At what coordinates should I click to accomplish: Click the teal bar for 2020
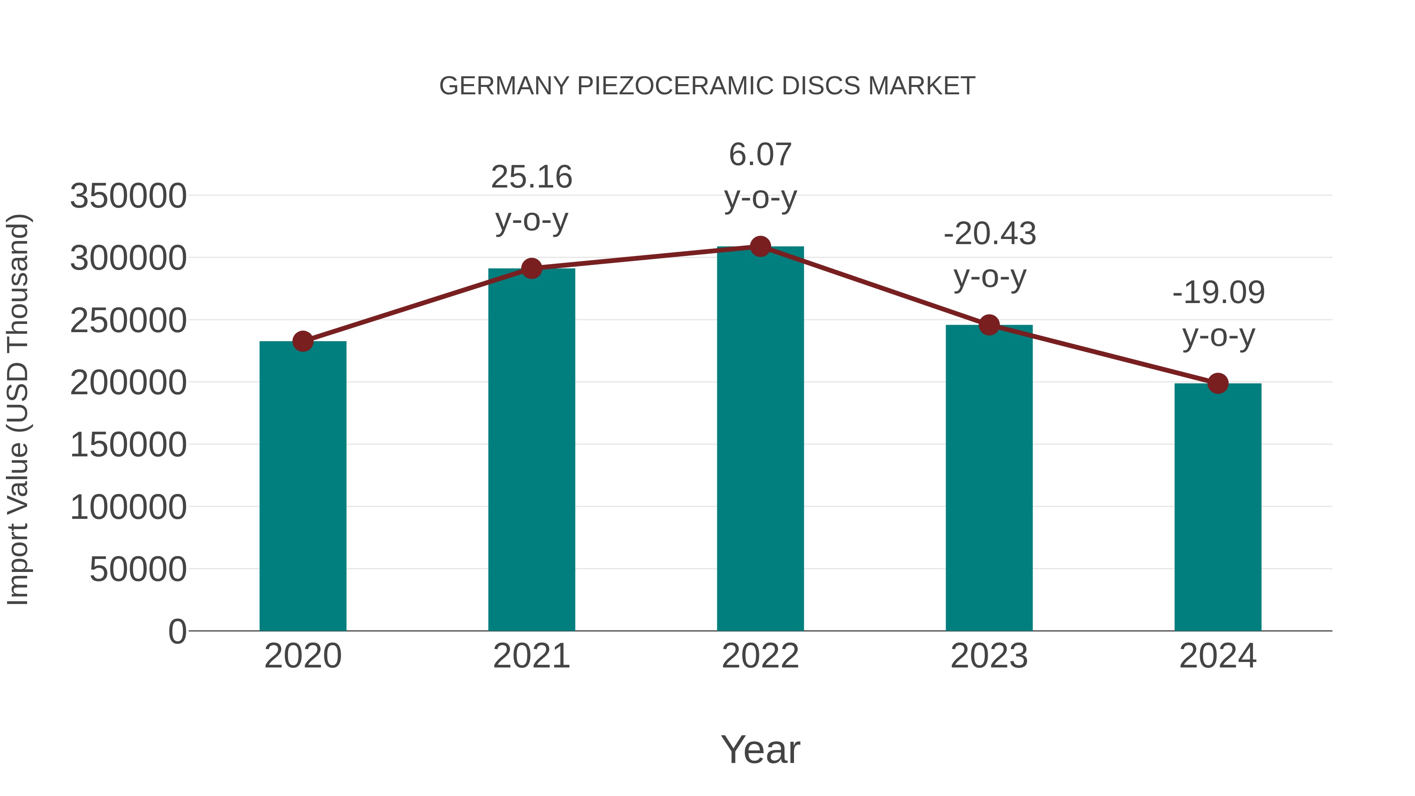(303, 486)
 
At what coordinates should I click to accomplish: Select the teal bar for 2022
(760, 439)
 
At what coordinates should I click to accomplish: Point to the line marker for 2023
(989, 325)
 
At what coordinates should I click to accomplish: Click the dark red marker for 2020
(303, 341)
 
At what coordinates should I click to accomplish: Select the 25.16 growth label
(531, 177)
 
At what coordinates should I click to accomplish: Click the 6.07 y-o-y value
(760, 154)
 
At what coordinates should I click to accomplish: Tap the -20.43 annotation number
(989, 233)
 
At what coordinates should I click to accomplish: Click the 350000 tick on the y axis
(128, 196)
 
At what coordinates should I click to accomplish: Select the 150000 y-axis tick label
(128, 445)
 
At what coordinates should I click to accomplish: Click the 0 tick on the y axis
(177, 631)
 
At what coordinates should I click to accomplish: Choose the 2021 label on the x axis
(531, 656)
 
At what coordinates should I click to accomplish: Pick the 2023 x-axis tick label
(989, 656)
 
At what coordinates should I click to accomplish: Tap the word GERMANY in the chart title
(504, 86)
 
